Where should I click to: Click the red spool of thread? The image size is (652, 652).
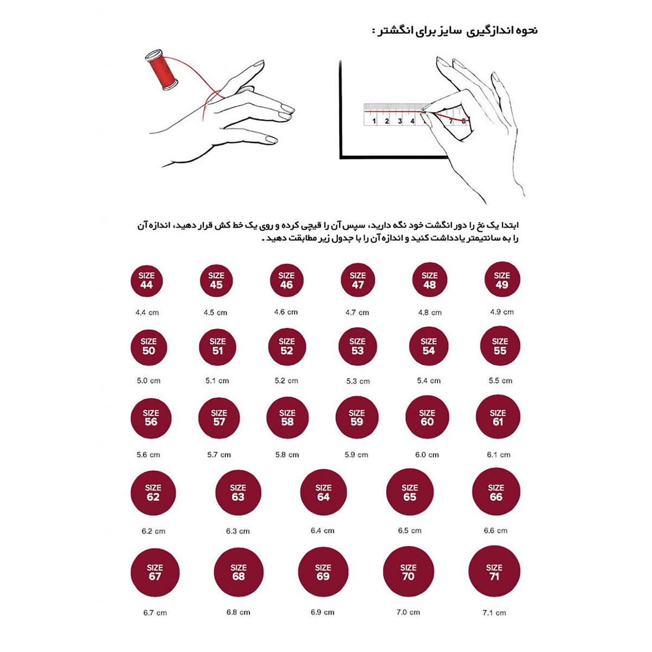point(162,71)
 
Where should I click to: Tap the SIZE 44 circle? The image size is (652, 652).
point(147,281)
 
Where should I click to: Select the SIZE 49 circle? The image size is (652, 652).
point(502,280)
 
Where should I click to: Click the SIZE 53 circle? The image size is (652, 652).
point(358,347)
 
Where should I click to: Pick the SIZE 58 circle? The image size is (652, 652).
point(287,417)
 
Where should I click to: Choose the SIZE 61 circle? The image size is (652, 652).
point(498,417)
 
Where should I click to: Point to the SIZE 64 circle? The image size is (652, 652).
point(323,492)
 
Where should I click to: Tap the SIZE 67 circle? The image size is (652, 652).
point(155,572)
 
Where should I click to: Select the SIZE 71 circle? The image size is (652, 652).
point(494,572)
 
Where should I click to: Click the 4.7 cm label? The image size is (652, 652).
point(357,312)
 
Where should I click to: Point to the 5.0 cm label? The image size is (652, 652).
point(148,381)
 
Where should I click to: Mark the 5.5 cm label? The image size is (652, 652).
point(500,381)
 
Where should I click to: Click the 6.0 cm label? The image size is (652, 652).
point(427,455)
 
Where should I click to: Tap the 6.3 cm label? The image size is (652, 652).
point(238,531)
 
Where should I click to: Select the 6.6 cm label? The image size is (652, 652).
point(496,530)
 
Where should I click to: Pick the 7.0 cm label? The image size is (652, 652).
point(408,612)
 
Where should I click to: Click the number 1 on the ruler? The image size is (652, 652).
point(374,121)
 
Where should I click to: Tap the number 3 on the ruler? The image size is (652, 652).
point(400,121)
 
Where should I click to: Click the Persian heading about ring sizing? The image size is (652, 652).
point(455,30)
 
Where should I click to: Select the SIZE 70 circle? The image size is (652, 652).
point(409,572)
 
